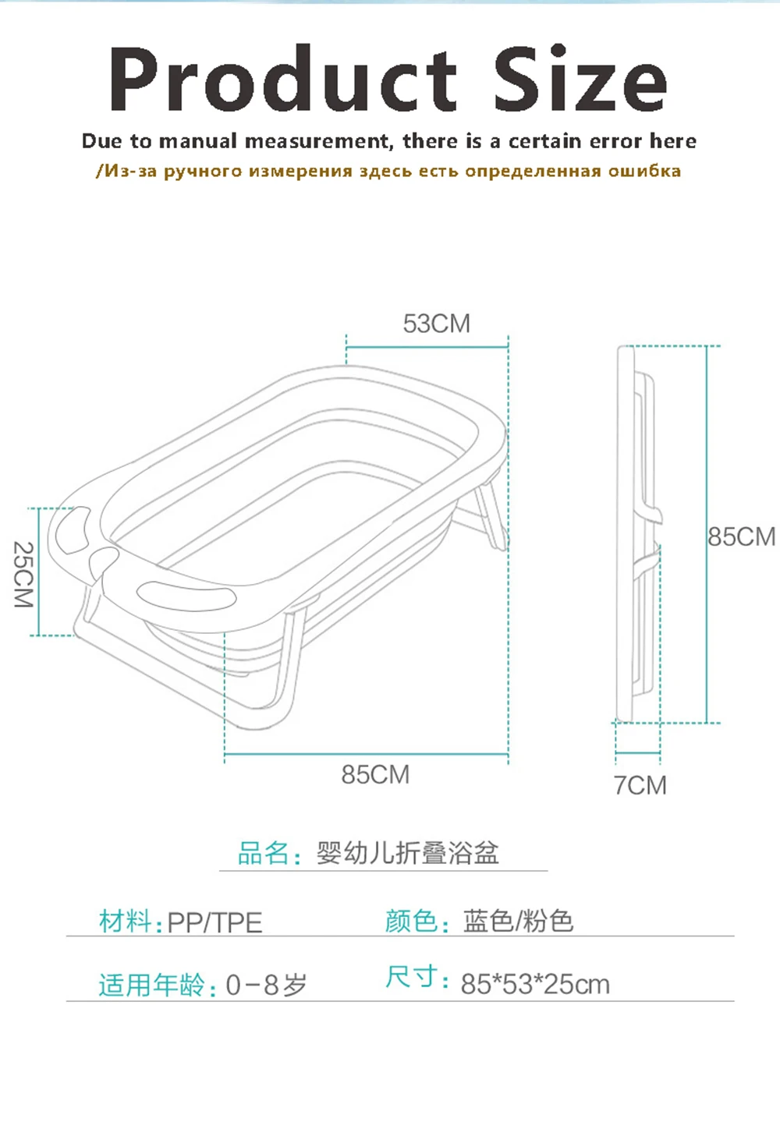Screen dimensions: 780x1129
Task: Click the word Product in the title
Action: click(x=282, y=80)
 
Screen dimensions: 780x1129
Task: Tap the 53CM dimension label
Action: click(x=436, y=324)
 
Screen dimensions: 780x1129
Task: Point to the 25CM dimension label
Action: click(x=23, y=575)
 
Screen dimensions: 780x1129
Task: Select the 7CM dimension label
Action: click(x=640, y=785)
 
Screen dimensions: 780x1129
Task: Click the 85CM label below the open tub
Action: click(x=375, y=774)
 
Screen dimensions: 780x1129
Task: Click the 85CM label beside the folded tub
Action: click(x=741, y=536)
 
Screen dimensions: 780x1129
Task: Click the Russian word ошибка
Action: click(x=644, y=171)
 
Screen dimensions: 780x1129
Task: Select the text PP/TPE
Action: click(x=214, y=922)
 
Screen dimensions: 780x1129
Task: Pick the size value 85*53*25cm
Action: click(x=535, y=984)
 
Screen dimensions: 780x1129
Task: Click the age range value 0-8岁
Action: click(x=266, y=985)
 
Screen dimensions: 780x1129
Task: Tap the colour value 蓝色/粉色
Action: click(x=518, y=921)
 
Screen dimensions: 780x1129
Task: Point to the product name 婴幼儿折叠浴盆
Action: click(x=407, y=853)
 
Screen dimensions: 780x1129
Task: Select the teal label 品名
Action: click(x=264, y=853)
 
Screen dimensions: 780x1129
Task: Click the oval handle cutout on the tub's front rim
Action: click(x=187, y=594)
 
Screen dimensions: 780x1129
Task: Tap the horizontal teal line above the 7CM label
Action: click(x=638, y=753)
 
